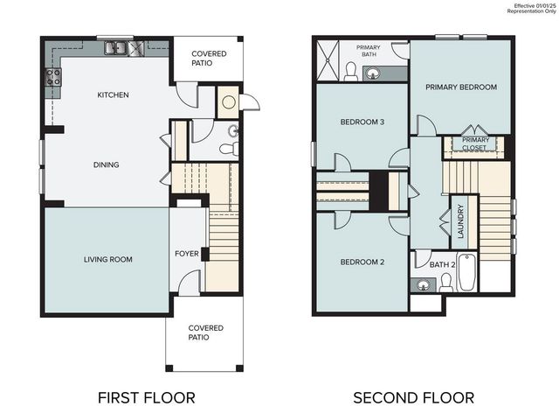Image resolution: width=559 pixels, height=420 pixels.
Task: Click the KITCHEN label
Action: [114, 94]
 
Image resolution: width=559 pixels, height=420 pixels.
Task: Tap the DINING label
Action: [106, 164]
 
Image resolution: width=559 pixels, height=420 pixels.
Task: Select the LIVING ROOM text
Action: [108, 259]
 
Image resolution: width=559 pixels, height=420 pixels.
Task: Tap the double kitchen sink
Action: [115, 49]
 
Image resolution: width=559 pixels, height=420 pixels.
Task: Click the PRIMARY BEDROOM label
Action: [461, 87]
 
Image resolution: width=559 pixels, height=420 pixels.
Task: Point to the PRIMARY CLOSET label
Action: [475, 143]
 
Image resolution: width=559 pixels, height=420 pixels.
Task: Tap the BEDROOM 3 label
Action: [362, 122]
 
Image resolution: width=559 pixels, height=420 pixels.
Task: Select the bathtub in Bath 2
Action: [466, 272]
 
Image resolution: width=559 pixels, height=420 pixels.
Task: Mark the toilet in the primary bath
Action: [351, 75]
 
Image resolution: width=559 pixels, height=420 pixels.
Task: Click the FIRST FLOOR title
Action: [146, 398]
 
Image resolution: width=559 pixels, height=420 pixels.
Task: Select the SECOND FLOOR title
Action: [413, 398]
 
